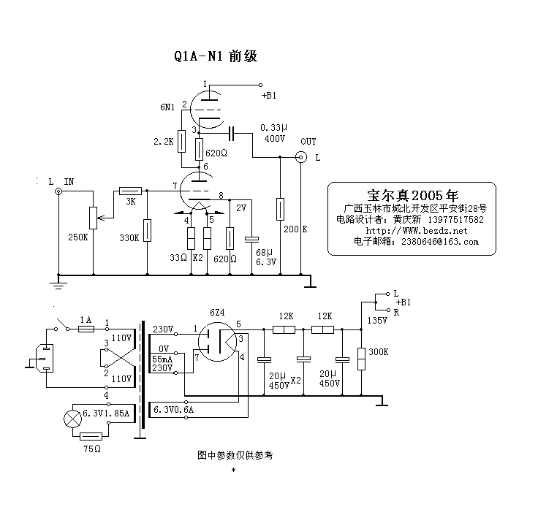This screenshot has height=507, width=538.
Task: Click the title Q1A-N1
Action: [197, 56]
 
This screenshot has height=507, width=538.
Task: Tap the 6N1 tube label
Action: [167, 107]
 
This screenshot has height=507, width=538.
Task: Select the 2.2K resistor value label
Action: [164, 142]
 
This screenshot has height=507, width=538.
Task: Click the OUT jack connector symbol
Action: [300, 156]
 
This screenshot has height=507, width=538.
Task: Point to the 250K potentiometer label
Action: [77, 237]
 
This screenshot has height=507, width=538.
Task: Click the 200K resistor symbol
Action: [281, 209]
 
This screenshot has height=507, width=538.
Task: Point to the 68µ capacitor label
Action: [263, 252]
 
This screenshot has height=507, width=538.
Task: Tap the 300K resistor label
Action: [379, 351]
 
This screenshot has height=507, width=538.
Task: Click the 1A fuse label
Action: [85, 320]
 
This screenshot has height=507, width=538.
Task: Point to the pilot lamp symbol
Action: [72, 419]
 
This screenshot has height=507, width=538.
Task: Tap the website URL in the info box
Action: [415, 230]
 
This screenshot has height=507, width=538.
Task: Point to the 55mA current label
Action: [162, 359]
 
